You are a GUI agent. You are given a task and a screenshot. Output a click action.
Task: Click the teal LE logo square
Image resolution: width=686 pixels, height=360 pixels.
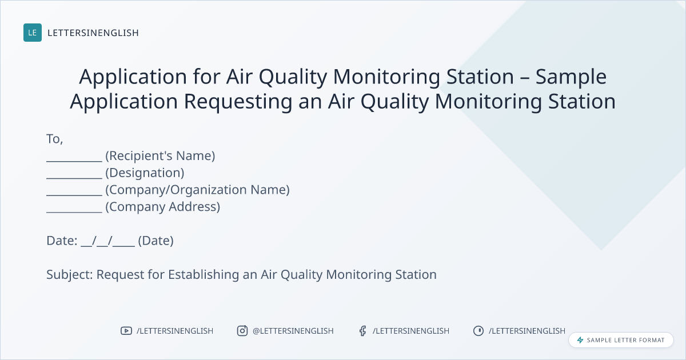(x=33, y=33)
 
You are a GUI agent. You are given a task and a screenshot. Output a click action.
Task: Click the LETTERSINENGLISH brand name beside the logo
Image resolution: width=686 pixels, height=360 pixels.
(x=93, y=33)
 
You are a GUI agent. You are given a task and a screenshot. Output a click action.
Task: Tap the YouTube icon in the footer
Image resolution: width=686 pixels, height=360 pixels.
(x=126, y=331)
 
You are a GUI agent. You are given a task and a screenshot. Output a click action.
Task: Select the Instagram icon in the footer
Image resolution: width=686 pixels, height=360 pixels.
(x=242, y=331)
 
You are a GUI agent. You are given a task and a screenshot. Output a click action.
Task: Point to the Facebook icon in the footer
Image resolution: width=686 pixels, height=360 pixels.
(x=362, y=331)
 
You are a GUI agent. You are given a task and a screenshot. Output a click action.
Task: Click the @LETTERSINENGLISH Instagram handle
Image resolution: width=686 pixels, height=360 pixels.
(x=293, y=331)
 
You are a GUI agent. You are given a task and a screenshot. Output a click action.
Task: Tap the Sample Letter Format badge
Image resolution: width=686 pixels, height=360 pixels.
(x=621, y=340)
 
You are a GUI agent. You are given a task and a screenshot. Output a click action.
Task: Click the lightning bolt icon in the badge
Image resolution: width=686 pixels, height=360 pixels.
(x=580, y=340)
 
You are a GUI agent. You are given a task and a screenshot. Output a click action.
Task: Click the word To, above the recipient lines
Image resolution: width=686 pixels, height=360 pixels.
(x=55, y=139)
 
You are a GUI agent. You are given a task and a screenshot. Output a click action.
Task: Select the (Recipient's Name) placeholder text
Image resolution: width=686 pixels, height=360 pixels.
(x=160, y=156)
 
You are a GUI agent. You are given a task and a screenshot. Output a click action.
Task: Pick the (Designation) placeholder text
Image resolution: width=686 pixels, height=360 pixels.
(x=145, y=173)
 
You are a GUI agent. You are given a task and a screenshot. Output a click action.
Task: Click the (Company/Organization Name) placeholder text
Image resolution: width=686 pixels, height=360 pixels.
(x=198, y=190)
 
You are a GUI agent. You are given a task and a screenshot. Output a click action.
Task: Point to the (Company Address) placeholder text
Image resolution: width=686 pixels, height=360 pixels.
(x=162, y=207)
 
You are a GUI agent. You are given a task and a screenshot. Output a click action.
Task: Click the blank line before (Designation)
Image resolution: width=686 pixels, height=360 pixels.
(x=74, y=178)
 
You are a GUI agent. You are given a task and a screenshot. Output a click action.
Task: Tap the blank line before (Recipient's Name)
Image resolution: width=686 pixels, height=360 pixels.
(x=74, y=161)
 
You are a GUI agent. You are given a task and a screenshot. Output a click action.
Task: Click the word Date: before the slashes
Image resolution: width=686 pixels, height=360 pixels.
(x=62, y=241)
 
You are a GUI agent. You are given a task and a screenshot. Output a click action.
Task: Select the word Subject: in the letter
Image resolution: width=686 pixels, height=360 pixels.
(x=70, y=275)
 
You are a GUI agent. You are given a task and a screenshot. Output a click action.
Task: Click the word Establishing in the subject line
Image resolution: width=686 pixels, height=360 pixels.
(x=204, y=275)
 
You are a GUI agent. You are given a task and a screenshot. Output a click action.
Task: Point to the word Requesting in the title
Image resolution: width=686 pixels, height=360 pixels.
(x=238, y=102)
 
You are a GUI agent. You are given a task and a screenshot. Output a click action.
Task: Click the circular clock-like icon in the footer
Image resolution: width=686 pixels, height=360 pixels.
(x=478, y=331)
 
